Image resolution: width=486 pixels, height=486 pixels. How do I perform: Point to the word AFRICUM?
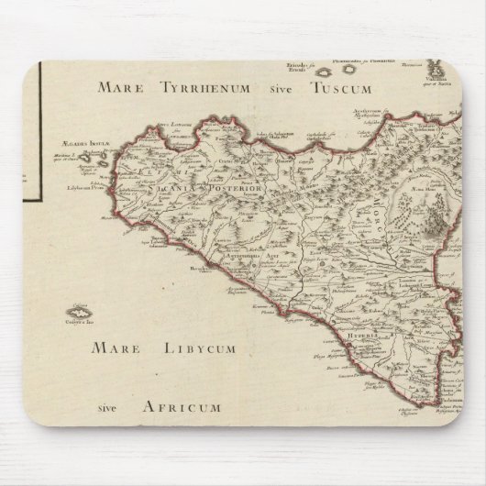(x=182, y=407)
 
